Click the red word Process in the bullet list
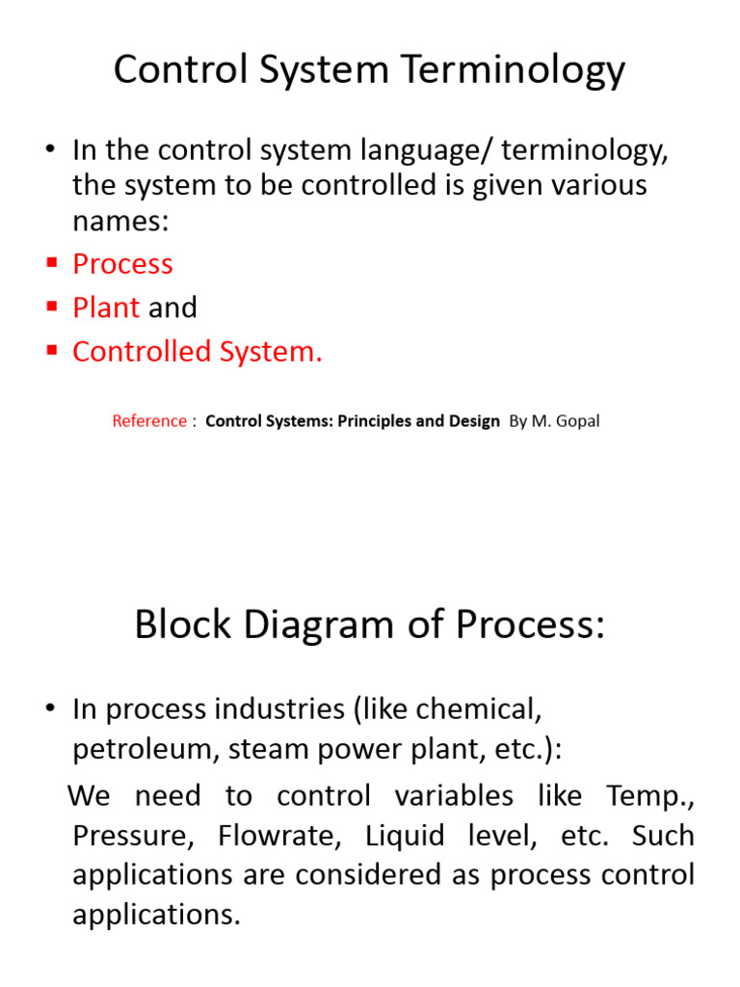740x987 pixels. point(122,264)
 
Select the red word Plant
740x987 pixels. point(106,307)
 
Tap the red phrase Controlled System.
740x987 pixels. point(198,352)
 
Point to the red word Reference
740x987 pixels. point(149,421)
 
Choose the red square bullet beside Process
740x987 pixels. point(52,264)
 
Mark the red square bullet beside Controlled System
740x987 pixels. point(52,352)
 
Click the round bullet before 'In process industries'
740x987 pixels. point(51,709)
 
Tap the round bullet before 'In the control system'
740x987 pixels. point(51,149)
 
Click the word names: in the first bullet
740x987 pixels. point(120,221)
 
